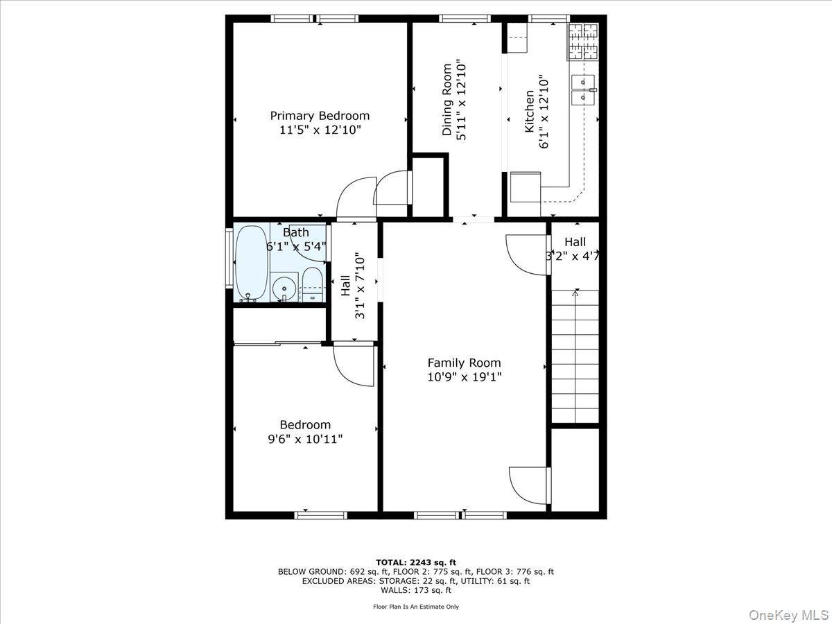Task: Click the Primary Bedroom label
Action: (x=320, y=116)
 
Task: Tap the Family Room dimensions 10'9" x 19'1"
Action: (x=464, y=377)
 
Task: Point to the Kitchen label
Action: (x=529, y=112)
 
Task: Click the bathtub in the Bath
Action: (x=251, y=264)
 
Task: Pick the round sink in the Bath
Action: (x=283, y=287)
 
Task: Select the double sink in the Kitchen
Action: (x=584, y=89)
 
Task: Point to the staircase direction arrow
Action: (x=574, y=294)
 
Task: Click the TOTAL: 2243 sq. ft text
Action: (x=416, y=562)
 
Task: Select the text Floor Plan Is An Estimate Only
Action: (x=416, y=607)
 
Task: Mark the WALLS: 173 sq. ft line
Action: (x=416, y=591)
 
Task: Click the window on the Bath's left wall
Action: (x=229, y=256)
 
